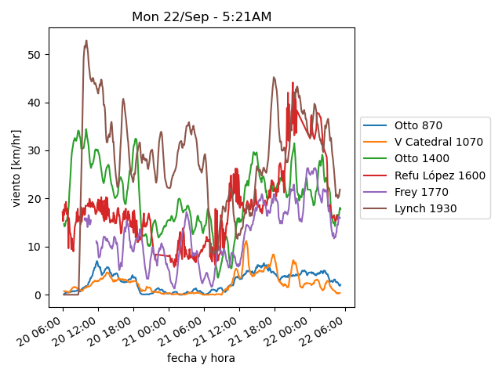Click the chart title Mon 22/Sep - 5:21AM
coord(202,16)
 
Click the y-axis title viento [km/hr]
coord(16,168)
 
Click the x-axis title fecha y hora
coord(201,358)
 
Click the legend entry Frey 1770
coord(421,192)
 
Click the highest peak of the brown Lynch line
coord(86,41)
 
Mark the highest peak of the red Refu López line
coord(293,82)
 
